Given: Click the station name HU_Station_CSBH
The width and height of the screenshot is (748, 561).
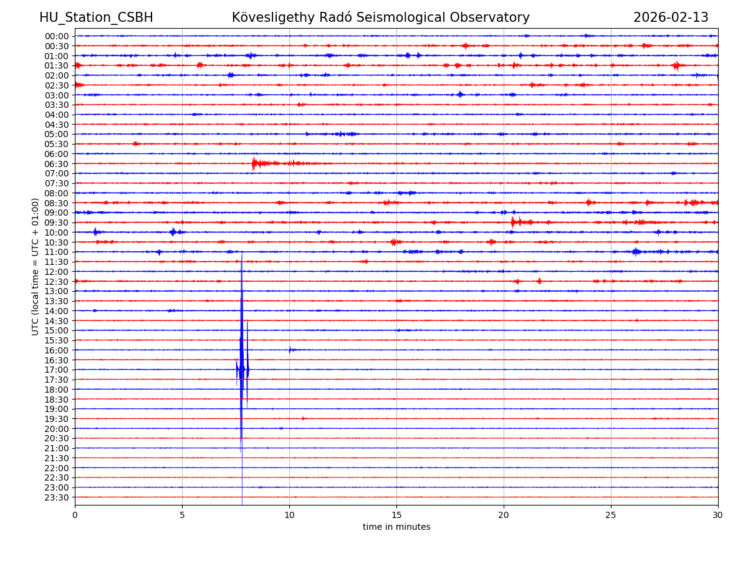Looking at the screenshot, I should pyautogui.click(x=96, y=18).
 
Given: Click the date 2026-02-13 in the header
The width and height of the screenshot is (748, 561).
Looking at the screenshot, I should pyautogui.click(x=671, y=18).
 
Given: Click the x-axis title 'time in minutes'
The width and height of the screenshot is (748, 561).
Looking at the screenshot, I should pyautogui.click(x=396, y=527).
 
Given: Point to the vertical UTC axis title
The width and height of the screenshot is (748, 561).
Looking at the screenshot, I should pyautogui.click(x=36, y=266).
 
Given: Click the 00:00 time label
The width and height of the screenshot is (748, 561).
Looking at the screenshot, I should pyautogui.click(x=57, y=36).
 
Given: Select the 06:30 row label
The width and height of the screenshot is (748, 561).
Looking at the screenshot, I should pyautogui.click(x=57, y=164).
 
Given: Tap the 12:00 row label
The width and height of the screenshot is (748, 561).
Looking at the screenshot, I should pyautogui.click(x=57, y=272).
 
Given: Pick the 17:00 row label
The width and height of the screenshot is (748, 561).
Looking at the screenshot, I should pyautogui.click(x=57, y=370).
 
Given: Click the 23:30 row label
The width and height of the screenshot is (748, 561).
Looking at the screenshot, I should pyautogui.click(x=57, y=497).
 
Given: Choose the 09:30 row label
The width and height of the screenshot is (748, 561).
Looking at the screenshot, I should pyautogui.click(x=57, y=223).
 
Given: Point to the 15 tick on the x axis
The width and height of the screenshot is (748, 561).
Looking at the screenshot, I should pyautogui.click(x=396, y=515).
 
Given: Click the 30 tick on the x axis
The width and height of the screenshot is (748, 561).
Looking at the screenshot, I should pyautogui.click(x=718, y=515).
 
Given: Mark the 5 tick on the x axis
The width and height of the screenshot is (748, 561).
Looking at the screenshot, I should pyautogui.click(x=182, y=515).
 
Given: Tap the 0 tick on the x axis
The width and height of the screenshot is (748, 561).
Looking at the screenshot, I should pyautogui.click(x=75, y=515).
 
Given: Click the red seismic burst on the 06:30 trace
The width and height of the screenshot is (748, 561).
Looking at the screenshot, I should pyautogui.click(x=255, y=163).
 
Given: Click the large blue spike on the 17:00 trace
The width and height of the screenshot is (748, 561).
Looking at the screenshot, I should pyautogui.click(x=241, y=369).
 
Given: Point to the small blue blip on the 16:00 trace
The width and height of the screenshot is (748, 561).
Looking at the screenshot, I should pyautogui.click(x=290, y=350).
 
